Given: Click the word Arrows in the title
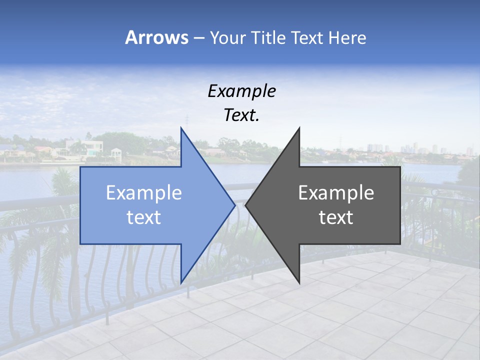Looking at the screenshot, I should [x=156, y=37].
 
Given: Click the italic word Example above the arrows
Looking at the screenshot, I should [x=242, y=91].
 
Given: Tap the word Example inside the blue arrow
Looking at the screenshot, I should [x=144, y=193].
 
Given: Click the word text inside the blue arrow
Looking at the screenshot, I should [x=144, y=217].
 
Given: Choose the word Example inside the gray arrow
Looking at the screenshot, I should [x=336, y=193].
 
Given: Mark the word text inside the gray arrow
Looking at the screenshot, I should [x=336, y=217].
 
